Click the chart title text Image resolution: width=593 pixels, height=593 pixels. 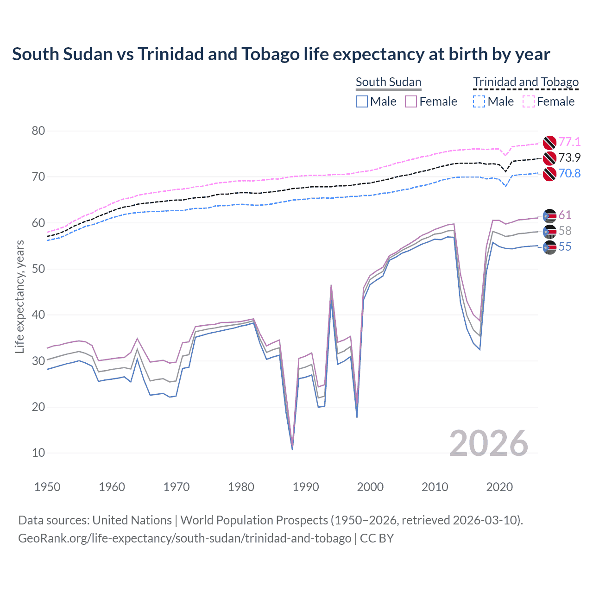point(281,54)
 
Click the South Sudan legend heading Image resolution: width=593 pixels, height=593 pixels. point(388,82)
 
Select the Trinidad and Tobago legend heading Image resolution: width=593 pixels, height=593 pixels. point(526,82)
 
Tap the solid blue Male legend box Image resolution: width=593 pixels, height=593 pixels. point(362,101)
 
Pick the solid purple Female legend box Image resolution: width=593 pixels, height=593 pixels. point(411,101)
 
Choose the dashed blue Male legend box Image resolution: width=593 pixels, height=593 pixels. point(479,101)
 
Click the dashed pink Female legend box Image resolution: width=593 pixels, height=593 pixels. point(529,101)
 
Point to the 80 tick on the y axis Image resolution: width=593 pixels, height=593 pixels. point(38,131)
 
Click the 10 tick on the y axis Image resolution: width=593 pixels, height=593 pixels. point(38,453)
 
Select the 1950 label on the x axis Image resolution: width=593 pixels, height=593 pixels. point(47,487)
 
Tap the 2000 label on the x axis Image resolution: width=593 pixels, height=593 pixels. point(370,487)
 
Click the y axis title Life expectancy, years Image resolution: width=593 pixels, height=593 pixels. point(19,296)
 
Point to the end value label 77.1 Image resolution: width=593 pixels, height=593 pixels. point(569,142)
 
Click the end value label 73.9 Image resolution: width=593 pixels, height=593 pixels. point(569,158)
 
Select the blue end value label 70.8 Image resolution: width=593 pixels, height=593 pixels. point(569,173)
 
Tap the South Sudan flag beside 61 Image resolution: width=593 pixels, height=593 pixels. point(549,215)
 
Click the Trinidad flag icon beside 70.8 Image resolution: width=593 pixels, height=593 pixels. point(549,174)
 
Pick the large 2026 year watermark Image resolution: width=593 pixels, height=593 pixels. point(488,443)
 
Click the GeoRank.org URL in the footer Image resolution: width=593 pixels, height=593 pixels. point(184,538)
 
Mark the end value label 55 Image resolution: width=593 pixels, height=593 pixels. point(565,247)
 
